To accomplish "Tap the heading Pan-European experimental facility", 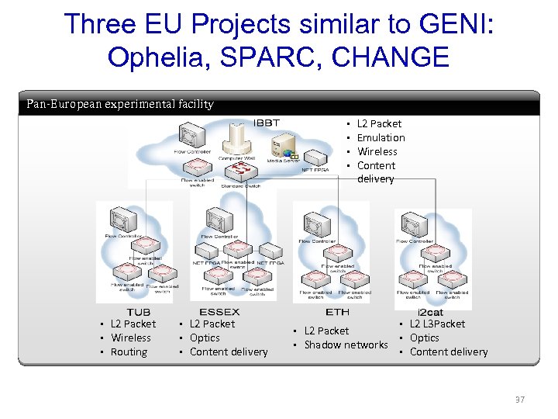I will (120, 104).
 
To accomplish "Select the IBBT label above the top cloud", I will (267, 123).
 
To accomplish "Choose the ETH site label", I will (337, 312).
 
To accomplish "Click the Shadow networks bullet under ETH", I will (346, 345).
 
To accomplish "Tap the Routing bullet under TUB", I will (129, 351).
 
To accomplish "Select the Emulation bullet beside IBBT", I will (381, 137).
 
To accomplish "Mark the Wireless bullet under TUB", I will (131, 338).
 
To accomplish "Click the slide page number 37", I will (520, 400).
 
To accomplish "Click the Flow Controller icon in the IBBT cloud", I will (190, 137).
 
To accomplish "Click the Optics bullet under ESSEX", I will (205, 338).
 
